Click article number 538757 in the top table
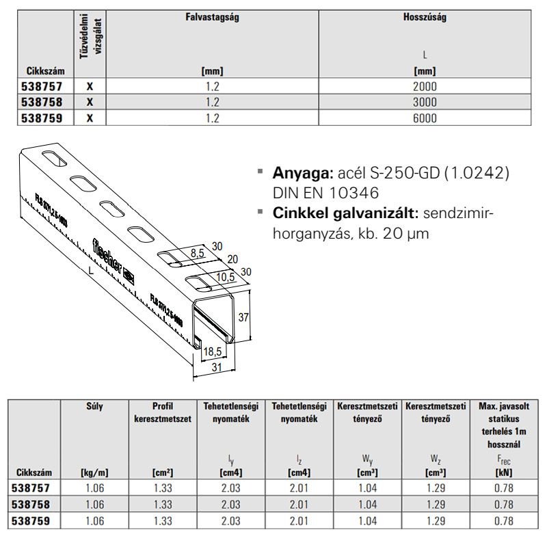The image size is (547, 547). click(x=43, y=87)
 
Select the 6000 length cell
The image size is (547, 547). click(x=425, y=118)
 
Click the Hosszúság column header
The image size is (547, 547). click(x=425, y=18)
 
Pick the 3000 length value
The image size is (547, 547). click(x=425, y=102)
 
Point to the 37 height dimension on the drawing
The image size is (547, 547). click(x=243, y=317)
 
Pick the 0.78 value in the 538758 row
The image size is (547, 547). click(x=503, y=505)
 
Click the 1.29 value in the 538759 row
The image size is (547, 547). click(x=435, y=520)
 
